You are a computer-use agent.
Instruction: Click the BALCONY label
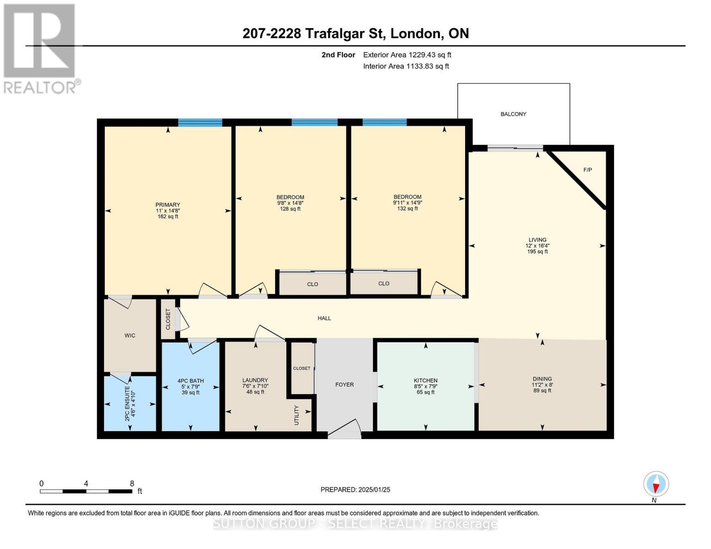coord(513,114)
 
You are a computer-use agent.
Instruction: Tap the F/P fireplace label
coord(587,170)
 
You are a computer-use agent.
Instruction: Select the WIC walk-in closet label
coord(130,335)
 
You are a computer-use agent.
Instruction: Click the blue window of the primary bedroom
coord(200,123)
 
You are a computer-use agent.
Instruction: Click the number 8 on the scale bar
coord(132,484)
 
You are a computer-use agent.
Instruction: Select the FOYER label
coord(344,385)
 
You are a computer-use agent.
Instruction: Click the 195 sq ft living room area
coord(537,252)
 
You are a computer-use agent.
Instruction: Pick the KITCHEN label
coord(425,380)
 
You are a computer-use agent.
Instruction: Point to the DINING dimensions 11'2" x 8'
coord(542,385)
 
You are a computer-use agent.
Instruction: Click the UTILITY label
coord(297,415)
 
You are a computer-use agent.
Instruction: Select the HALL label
coord(324,318)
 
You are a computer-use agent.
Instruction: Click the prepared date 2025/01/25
coord(374,490)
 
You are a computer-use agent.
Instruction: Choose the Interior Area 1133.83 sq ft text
coord(406,66)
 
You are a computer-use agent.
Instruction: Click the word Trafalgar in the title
coord(337,33)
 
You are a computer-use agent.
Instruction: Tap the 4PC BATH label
coord(190,381)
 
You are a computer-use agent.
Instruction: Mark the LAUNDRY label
coord(255,380)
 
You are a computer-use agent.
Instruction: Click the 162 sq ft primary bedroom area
coord(168,216)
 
